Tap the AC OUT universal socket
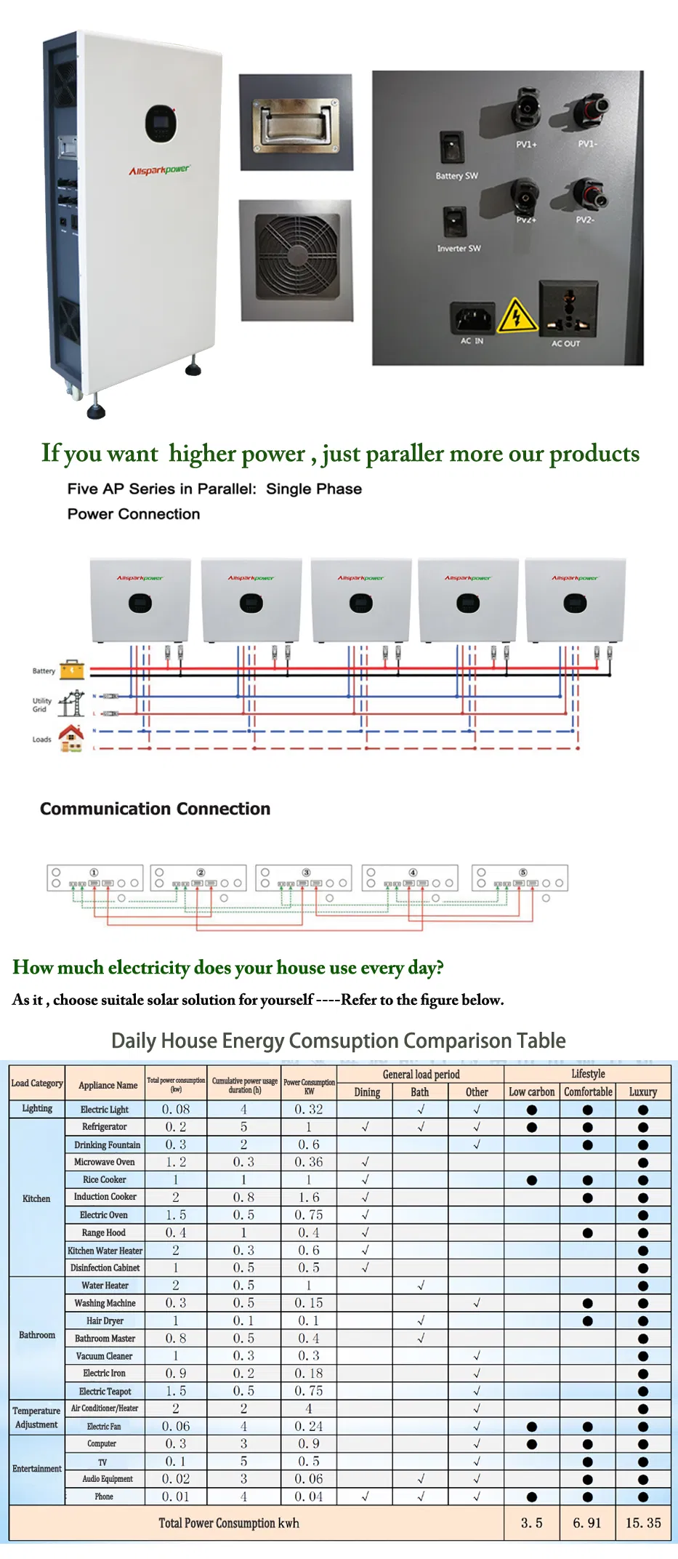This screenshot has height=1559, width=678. (568, 308)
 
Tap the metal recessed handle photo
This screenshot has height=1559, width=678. (296, 122)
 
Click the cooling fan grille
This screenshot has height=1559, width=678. (296, 260)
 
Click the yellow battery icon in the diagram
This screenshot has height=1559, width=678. (72, 669)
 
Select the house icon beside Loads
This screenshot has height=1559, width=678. (71, 737)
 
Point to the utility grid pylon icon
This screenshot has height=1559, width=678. (71, 704)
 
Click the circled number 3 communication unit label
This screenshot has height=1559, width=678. (307, 872)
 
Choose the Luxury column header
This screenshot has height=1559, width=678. (642, 1091)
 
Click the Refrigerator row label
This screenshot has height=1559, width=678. (105, 1126)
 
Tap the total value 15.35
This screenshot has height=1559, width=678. (643, 1523)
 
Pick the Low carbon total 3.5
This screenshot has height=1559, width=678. (531, 1523)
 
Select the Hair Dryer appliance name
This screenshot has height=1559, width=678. (105, 1320)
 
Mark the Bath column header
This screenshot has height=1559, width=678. (420, 1091)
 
